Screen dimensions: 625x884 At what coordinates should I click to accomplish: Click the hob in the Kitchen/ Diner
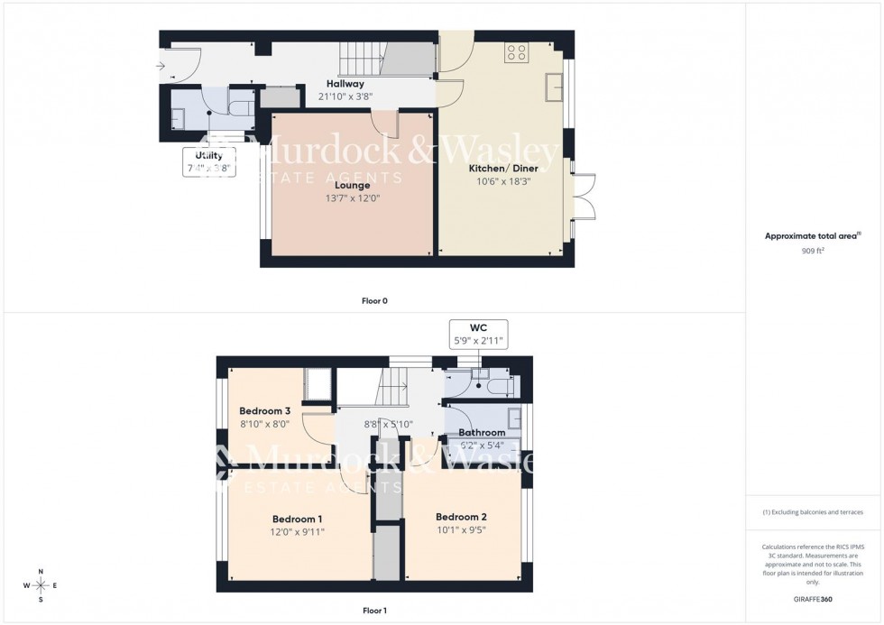click(517, 52)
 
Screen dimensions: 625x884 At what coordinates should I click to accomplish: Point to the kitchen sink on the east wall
click(554, 86)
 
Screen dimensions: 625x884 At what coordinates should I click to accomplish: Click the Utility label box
click(209, 161)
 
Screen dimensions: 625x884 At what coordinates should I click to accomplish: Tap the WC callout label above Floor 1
click(478, 333)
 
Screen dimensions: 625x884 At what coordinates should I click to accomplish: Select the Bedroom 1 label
click(298, 519)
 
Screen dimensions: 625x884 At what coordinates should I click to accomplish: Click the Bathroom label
click(482, 433)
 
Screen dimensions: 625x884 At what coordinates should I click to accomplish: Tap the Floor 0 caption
click(374, 300)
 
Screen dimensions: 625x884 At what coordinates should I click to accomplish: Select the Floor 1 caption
click(374, 611)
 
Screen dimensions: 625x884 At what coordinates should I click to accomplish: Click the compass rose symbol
click(40, 585)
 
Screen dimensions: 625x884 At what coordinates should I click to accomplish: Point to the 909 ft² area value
click(813, 251)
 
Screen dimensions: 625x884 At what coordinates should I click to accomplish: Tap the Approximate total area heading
click(811, 236)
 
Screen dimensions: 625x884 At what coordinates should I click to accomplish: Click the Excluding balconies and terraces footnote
click(813, 512)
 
